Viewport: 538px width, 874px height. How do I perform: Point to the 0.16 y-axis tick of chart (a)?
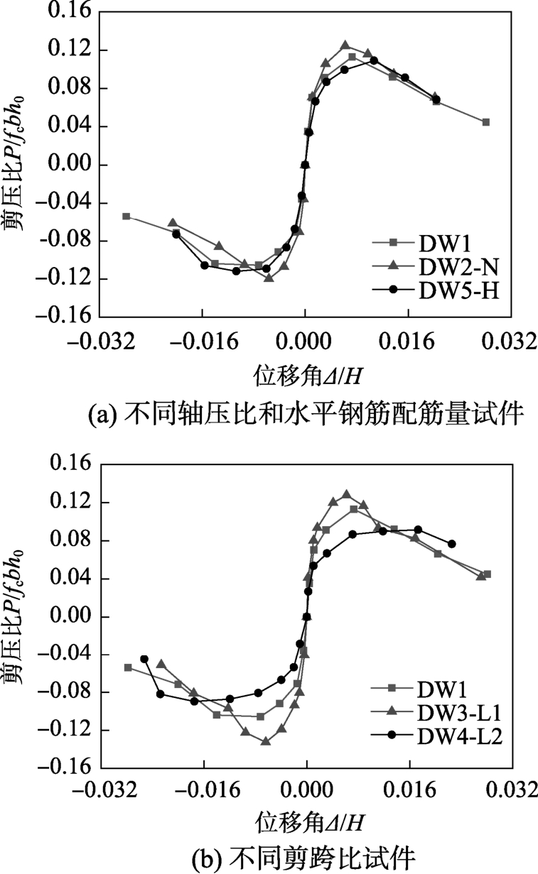(72, 13)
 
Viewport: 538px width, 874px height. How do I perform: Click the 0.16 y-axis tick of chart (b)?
(72, 465)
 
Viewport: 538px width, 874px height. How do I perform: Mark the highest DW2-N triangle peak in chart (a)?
(345, 45)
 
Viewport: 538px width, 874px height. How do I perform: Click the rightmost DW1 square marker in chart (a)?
(486, 122)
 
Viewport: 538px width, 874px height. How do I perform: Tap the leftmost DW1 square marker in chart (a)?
(127, 216)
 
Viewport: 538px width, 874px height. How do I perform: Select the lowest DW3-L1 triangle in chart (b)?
(266, 741)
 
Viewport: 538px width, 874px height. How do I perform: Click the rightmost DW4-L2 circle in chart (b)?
(452, 544)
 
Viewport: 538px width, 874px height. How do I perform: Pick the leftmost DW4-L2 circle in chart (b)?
(144, 659)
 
